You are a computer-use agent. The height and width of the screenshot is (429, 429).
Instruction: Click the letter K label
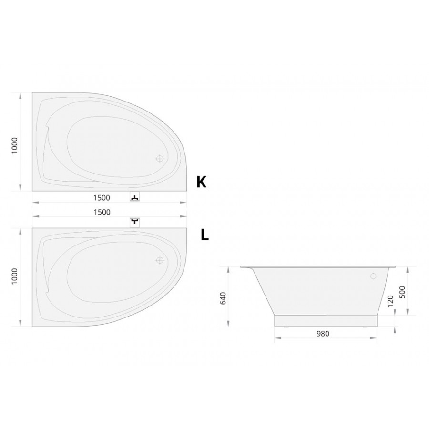(201, 182)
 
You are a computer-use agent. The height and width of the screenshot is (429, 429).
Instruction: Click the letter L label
(204, 235)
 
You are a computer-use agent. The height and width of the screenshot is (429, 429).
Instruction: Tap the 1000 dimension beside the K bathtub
(14, 145)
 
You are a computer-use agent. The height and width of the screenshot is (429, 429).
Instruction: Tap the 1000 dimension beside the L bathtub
(14, 276)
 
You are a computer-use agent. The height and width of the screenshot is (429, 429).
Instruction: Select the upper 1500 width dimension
(102, 198)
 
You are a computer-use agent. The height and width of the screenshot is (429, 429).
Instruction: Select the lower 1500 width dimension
(102, 212)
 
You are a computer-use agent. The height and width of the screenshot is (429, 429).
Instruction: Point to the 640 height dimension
(223, 298)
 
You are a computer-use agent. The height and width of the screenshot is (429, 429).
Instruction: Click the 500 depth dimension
(402, 292)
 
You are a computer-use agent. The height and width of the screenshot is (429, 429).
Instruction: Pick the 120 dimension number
(390, 301)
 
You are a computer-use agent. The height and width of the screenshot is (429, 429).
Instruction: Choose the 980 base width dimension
(323, 334)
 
